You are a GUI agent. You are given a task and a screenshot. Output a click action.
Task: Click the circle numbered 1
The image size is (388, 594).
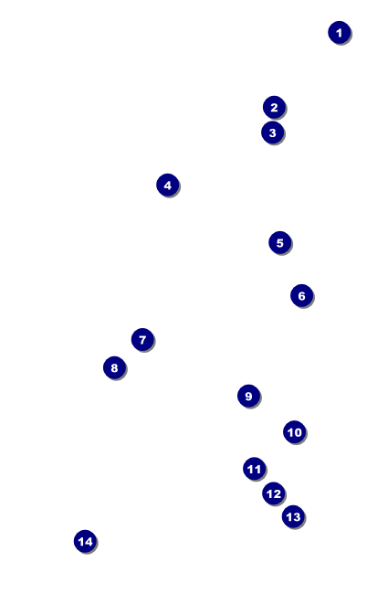[340, 33]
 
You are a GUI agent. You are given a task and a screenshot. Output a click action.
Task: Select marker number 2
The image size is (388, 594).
[274, 107]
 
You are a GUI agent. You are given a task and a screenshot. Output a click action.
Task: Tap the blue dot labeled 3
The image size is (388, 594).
[273, 133]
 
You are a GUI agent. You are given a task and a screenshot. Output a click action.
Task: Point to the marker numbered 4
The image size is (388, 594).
[168, 186]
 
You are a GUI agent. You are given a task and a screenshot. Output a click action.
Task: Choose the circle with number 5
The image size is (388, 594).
[280, 242]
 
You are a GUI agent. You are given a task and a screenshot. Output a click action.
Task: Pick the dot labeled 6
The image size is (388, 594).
[301, 295]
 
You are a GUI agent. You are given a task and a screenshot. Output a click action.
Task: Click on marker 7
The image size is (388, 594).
[142, 339]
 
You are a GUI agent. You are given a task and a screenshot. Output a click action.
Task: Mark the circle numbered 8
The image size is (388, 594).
[114, 367]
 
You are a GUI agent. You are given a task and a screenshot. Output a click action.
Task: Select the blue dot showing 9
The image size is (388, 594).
[248, 396]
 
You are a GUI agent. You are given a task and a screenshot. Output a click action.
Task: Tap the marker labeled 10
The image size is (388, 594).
[295, 432]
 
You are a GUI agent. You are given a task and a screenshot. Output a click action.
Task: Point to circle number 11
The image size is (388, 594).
[255, 469]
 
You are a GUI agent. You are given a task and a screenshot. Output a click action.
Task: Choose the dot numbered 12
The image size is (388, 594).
[274, 493]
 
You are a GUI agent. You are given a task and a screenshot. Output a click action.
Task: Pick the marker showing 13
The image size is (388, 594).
[293, 516]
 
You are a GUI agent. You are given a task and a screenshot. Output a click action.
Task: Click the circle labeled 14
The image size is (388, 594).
[85, 541]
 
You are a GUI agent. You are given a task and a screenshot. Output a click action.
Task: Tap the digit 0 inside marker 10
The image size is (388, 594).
[298, 432]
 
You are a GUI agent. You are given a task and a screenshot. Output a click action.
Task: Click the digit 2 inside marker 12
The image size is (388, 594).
[278, 494]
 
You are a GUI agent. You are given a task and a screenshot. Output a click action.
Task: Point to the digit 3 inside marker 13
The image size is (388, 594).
[297, 517]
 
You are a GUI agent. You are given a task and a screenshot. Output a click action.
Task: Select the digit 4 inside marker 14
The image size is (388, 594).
[89, 542]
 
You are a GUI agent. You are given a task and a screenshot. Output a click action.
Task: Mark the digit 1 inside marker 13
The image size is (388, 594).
[288, 517]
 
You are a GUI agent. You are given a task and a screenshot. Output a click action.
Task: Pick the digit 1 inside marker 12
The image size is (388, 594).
[269, 494]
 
